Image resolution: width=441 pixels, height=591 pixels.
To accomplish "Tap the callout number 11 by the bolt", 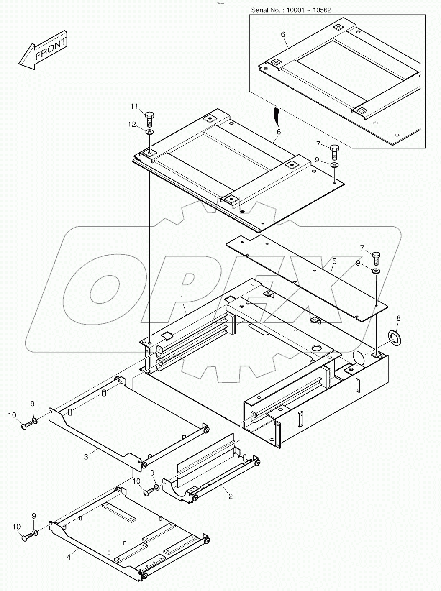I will pyautogui.click(x=134, y=107).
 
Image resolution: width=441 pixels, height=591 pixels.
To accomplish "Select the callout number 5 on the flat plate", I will pyautogui.click(x=334, y=261).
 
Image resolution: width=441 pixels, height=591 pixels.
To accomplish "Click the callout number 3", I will pyautogui.click(x=86, y=457).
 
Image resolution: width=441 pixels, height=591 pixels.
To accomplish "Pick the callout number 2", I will pyautogui.click(x=230, y=496).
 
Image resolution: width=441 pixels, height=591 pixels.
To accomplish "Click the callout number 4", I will pyautogui.click(x=69, y=557).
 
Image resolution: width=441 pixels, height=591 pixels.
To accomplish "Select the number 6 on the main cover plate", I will pyautogui.click(x=279, y=132).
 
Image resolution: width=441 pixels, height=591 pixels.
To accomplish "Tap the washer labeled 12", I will pyautogui.click(x=150, y=132).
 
